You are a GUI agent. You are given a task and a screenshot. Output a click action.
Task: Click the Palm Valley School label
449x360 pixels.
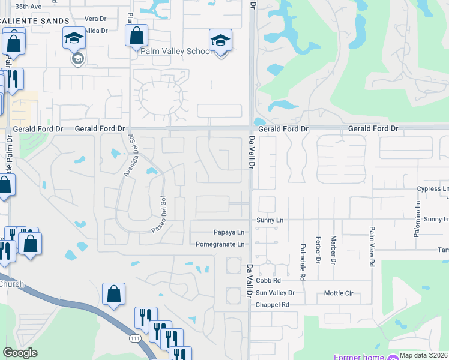pyautogui.click(x=176, y=52)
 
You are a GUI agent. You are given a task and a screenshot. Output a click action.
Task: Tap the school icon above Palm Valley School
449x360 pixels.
pyautogui.click(x=220, y=41)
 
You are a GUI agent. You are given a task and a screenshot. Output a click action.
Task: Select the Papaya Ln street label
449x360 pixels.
pyautogui.click(x=229, y=232)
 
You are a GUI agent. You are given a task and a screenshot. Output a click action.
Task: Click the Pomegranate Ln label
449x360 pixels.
pyautogui.click(x=220, y=244)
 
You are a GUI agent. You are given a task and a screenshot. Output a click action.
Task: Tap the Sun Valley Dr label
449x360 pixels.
pyautogui.click(x=275, y=293)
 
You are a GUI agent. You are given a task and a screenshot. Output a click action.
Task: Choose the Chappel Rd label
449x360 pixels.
pyautogui.click(x=273, y=305)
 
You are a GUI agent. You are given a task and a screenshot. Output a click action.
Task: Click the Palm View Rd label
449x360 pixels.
pyautogui.click(x=372, y=239)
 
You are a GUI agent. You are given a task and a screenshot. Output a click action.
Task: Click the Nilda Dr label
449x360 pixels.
pyautogui.click(x=96, y=30)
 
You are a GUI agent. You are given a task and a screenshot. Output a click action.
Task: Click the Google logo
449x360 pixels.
pyautogui.click(x=20, y=353)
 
